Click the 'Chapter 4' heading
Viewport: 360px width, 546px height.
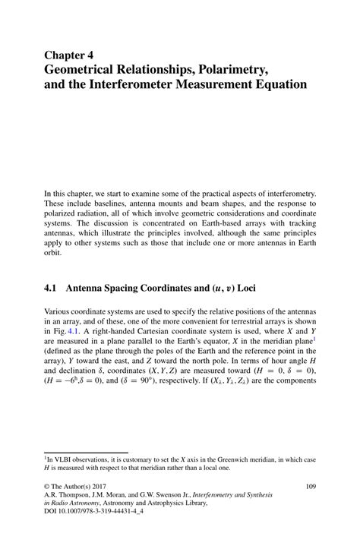[70, 55]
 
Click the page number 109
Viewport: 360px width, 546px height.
[311, 486]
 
